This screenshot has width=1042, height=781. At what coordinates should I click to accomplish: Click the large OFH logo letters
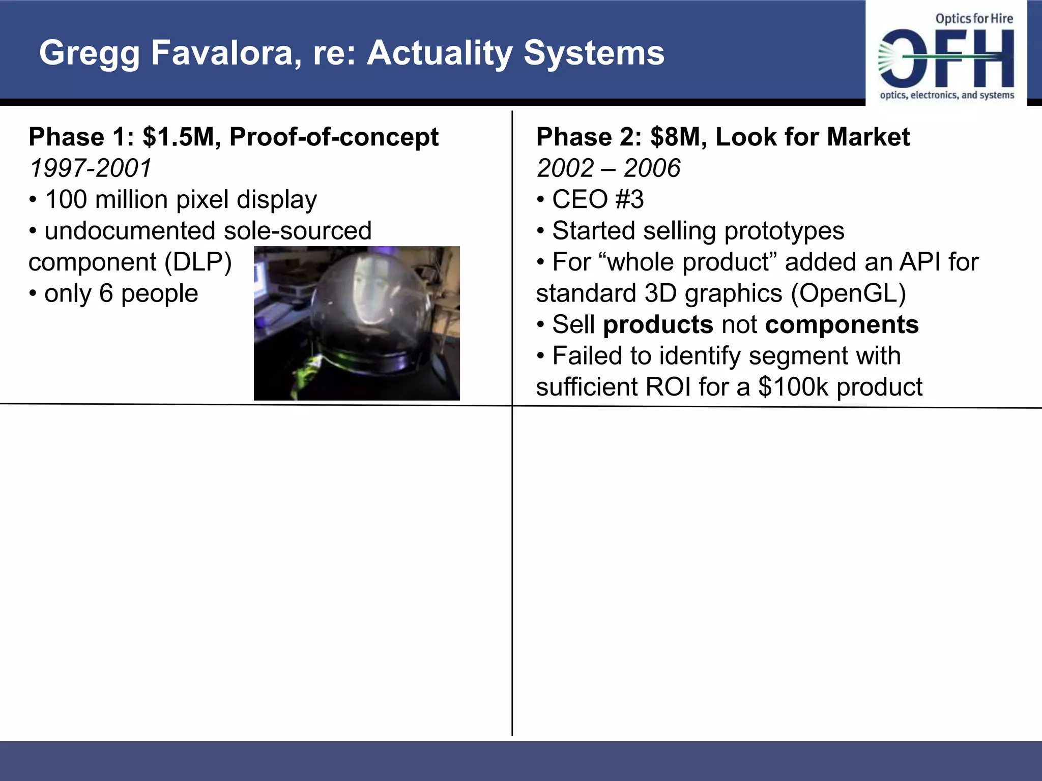(x=946, y=59)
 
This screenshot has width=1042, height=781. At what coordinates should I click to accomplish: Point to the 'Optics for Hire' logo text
(x=974, y=19)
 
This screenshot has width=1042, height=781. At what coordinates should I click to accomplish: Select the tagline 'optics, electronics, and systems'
(x=947, y=95)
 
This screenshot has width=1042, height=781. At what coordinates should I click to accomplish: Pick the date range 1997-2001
(x=91, y=168)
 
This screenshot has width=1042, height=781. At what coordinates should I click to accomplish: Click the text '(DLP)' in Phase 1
(x=198, y=262)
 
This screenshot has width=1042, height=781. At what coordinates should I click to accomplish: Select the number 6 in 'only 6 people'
(x=106, y=293)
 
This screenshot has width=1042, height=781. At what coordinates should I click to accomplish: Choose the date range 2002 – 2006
(x=608, y=168)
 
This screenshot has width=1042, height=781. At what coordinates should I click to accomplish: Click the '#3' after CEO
(x=629, y=199)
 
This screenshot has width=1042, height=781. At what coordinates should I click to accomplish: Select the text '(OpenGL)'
(x=848, y=293)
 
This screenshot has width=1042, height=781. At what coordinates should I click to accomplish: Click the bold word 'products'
(x=658, y=325)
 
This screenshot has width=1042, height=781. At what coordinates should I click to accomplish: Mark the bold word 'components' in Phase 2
(x=842, y=325)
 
